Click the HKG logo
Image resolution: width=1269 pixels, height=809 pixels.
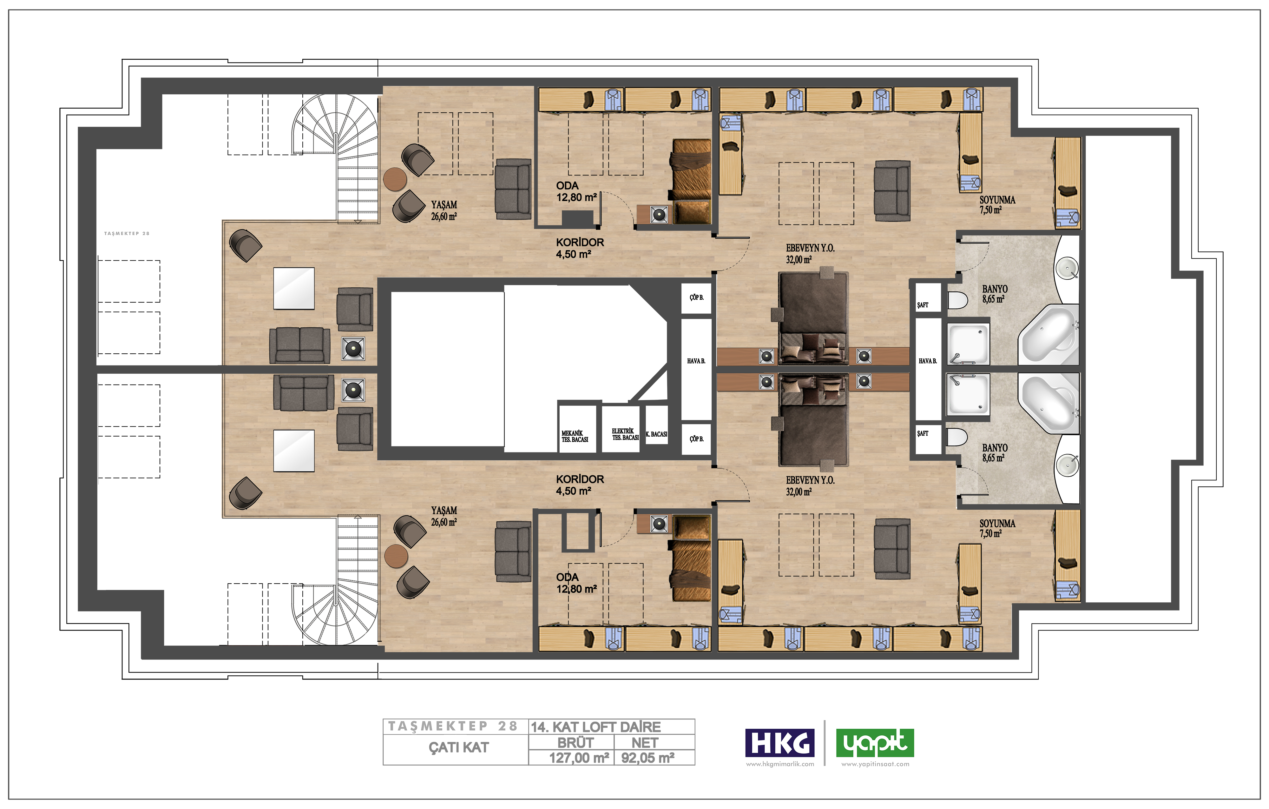coord(779,743)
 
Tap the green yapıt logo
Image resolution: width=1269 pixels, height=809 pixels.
coord(875,743)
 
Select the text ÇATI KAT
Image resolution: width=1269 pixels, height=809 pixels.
coord(458,747)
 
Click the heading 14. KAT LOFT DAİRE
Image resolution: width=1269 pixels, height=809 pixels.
coord(595,727)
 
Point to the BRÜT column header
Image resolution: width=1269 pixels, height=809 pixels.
coord(575,743)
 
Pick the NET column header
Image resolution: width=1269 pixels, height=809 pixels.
coord(645,743)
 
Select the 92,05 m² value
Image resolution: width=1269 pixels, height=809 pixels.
coord(648,758)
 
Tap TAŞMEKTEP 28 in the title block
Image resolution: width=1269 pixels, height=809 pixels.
coord(453,726)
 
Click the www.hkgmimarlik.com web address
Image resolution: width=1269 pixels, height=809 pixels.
coord(780,764)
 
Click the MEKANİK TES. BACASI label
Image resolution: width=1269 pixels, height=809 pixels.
coord(575,436)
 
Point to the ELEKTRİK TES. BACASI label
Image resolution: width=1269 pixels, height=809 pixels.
coord(625,434)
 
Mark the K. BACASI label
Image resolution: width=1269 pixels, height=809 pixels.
coord(657,434)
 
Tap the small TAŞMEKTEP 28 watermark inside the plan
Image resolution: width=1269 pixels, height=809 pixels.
coord(127,233)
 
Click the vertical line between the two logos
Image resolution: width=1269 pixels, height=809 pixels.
coord(825,743)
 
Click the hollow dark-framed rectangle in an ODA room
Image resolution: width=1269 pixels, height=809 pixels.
coord(577,532)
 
